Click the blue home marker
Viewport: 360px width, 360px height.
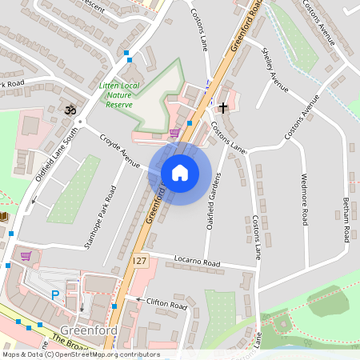tap(180, 173)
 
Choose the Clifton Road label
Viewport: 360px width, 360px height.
tap(166, 303)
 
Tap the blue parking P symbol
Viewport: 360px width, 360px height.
tap(55, 295)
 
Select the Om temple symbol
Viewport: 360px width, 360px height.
tap(70, 109)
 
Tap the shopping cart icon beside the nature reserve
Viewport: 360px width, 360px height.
tap(174, 132)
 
